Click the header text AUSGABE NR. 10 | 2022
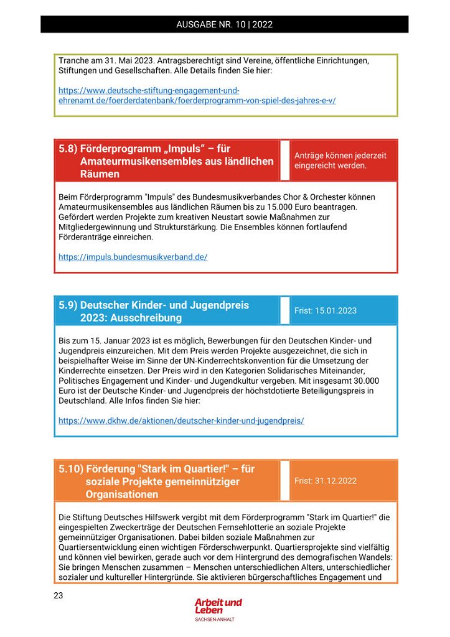click(x=225, y=25)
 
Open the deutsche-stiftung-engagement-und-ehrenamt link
click(x=197, y=96)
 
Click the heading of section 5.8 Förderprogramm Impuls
click(x=166, y=161)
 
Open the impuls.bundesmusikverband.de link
click(x=133, y=257)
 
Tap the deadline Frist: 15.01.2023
click(x=326, y=310)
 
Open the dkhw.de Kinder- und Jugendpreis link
click(x=181, y=421)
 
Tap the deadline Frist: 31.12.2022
click(x=326, y=481)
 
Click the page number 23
click(x=58, y=595)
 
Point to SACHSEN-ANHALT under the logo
click(x=215, y=620)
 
